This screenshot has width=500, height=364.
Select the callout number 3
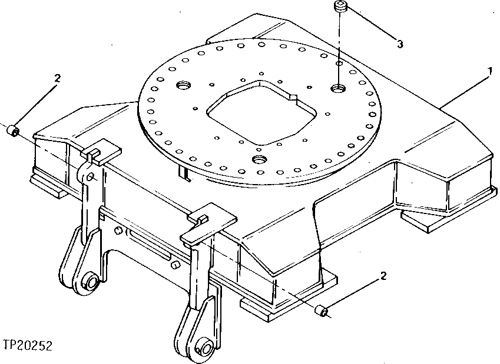point(400,44)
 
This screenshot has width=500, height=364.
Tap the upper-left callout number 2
point(57,78)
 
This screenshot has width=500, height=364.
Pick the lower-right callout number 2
point(383,275)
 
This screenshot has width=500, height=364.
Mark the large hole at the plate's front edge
point(259,160)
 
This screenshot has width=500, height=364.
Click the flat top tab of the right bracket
point(209,225)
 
